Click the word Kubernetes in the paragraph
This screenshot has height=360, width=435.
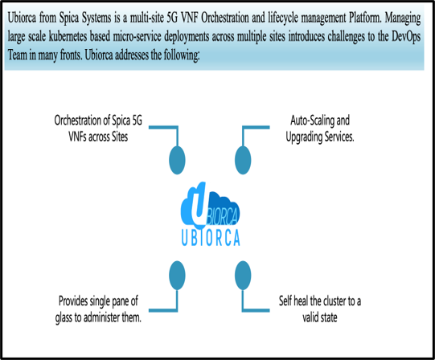pyautogui.click(x=68, y=37)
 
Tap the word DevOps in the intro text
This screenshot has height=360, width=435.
pyautogui.click(x=406, y=37)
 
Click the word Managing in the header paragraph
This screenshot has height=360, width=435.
pyautogui.click(x=403, y=18)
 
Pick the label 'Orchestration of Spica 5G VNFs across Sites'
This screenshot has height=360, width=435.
pyautogui.click(x=98, y=129)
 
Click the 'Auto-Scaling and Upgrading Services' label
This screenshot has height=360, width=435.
pyautogui.click(x=320, y=129)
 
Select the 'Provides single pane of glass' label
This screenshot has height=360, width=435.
pyautogui.click(x=98, y=309)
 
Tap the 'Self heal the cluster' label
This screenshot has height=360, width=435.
pyautogui.click(x=320, y=309)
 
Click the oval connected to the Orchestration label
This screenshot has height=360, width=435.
pyautogui.click(x=177, y=160)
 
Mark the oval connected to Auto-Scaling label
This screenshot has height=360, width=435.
pyautogui.click(x=243, y=160)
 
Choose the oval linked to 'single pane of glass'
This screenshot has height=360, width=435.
pyautogui.click(x=177, y=275)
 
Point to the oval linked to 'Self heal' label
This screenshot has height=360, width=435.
pyautogui.click(x=243, y=275)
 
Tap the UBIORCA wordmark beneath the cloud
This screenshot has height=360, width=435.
pyautogui.click(x=211, y=237)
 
